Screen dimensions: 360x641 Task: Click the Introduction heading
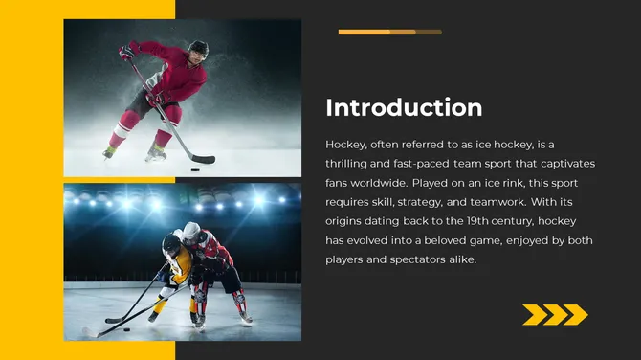pos(404,107)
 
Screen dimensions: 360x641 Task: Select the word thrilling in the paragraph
pos(348,164)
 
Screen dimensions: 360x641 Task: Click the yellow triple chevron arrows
pos(555,314)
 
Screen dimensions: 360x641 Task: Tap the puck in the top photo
pos(194,169)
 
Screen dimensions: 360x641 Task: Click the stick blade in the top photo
pos(203,160)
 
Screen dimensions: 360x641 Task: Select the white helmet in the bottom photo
pos(193,231)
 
